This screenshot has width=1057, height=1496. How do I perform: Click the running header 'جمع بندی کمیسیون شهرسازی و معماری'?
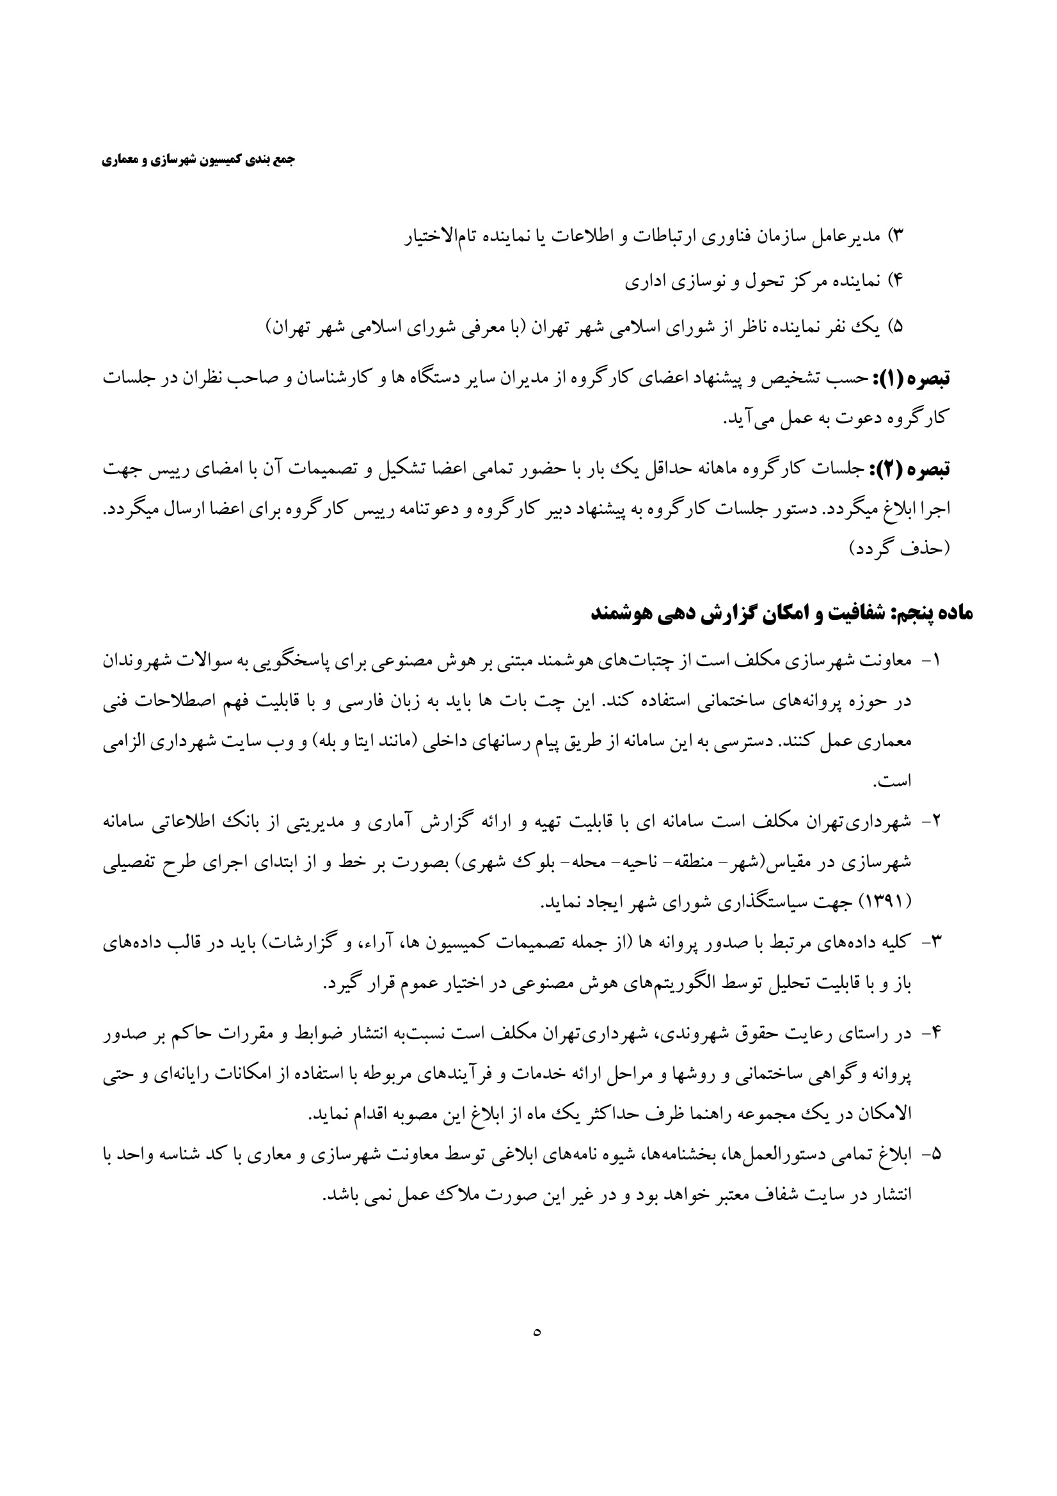(x=198, y=160)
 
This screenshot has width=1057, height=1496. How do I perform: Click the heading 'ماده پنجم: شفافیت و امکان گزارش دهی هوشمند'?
(x=782, y=613)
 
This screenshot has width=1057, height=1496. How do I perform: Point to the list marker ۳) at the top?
(x=897, y=235)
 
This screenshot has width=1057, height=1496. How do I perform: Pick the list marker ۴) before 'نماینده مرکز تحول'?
(x=896, y=281)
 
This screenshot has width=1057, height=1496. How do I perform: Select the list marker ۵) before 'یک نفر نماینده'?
(x=897, y=326)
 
